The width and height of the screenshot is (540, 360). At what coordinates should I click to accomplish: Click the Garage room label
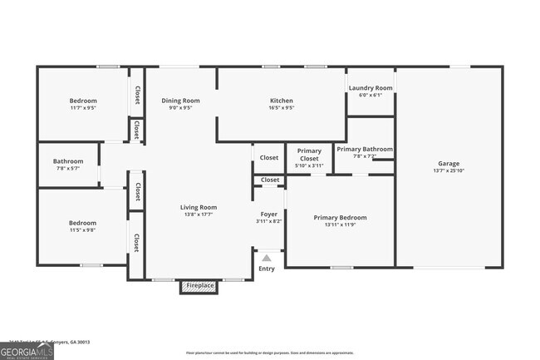click(449, 163)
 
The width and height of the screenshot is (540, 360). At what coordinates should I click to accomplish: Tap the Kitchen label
click(281, 101)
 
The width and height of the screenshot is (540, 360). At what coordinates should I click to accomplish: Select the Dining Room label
click(180, 101)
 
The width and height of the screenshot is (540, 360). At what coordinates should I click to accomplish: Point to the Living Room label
click(199, 207)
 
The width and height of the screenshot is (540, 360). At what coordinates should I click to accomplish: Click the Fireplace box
click(199, 286)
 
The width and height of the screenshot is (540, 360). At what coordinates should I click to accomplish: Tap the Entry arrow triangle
click(267, 258)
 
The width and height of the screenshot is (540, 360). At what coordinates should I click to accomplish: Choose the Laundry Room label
click(371, 87)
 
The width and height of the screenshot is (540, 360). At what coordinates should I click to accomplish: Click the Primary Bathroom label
click(364, 149)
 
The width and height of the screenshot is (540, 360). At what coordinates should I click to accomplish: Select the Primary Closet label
click(309, 155)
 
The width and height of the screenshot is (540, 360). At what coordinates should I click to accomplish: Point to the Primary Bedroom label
click(340, 217)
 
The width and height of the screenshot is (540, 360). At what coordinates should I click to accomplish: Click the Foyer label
click(268, 214)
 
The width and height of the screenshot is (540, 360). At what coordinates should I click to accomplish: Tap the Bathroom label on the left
click(68, 161)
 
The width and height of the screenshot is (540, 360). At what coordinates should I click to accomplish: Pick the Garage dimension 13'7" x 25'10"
click(449, 170)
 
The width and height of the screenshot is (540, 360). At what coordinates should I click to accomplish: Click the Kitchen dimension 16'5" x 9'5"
click(281, 108)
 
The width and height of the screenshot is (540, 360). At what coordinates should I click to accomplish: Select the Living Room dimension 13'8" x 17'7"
click(199, 215)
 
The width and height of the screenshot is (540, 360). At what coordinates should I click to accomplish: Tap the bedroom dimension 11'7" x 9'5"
click(82, 108)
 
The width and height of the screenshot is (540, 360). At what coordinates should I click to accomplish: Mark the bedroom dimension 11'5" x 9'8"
click(82, 230)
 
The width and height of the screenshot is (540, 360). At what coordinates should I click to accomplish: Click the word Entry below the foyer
click(267, 269)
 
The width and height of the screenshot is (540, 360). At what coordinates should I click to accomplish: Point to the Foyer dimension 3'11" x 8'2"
click(268, 221)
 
